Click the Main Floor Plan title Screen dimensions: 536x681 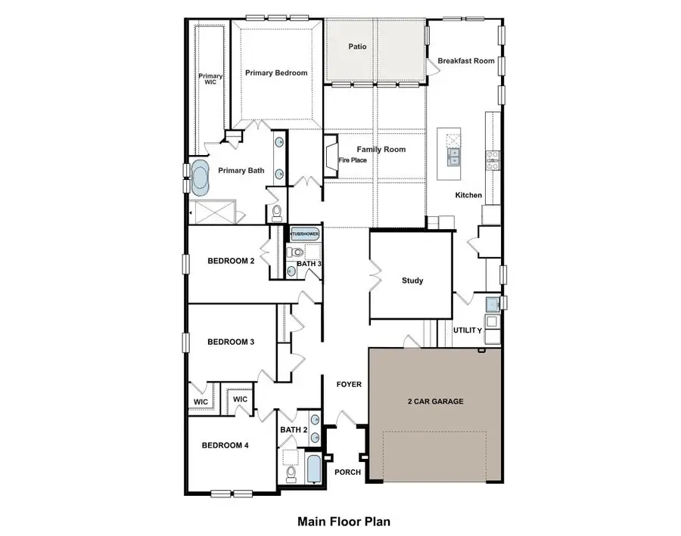344,521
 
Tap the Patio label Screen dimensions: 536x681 357,47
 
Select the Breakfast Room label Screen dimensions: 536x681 466,61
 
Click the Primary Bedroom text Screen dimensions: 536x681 275,73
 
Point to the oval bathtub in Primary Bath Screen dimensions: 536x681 202,178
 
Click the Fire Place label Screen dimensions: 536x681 353,160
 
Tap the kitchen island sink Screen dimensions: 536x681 456,156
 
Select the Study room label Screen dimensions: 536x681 412,280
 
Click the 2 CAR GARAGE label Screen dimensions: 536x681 435,401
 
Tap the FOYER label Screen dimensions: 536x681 349,384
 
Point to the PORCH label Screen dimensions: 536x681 347,472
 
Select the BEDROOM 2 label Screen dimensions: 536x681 231,262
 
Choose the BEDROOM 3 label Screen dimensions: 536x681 231,342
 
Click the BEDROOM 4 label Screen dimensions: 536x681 225,445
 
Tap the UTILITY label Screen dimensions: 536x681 468,330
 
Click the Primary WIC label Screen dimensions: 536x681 210,80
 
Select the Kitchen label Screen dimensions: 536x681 468,195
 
